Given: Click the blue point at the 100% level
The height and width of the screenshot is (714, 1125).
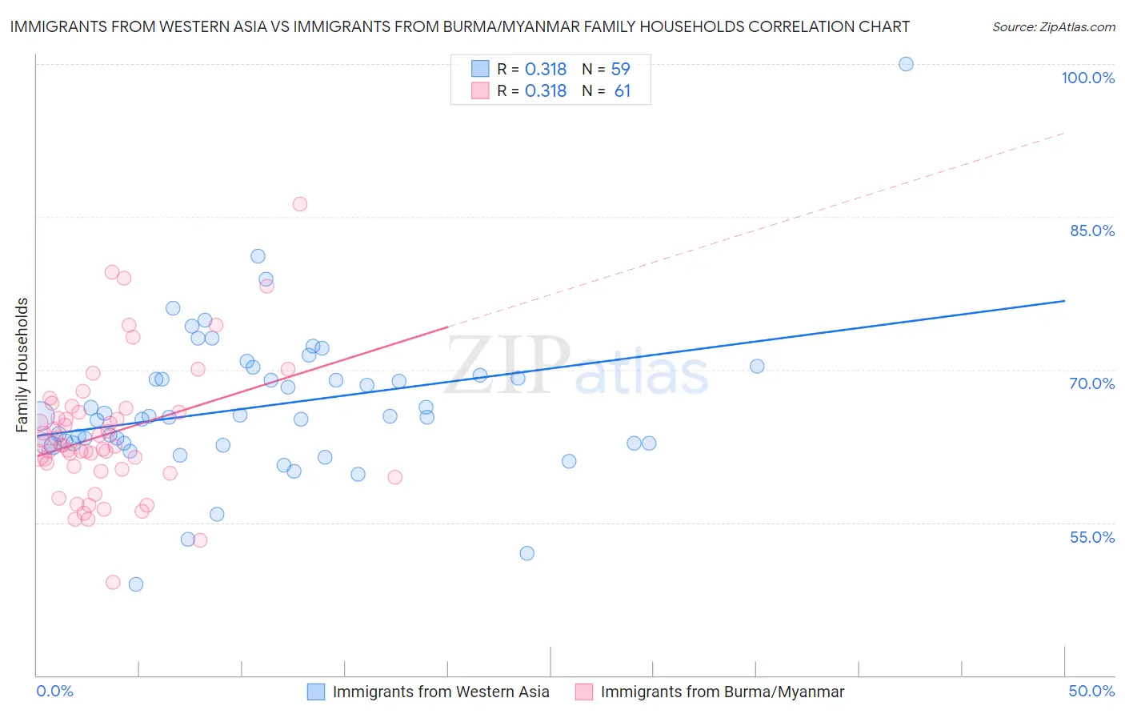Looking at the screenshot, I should coord(906,64).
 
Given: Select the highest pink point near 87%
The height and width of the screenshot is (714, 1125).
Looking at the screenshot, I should coord(300,204).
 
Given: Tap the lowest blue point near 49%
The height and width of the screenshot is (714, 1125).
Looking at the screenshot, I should coord(136,584).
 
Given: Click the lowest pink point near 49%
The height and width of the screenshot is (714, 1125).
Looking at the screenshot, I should coord(113,583).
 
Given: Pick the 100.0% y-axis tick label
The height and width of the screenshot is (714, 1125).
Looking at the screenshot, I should coord(1087,78).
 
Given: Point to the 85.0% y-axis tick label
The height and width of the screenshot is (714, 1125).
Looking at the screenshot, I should coord(1091,231).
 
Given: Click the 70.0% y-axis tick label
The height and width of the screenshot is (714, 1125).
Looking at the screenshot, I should coord(1091,383).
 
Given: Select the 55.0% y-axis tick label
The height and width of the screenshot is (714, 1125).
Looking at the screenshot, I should coord(1091,537).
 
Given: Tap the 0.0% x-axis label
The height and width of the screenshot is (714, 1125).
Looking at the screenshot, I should coord(54,691).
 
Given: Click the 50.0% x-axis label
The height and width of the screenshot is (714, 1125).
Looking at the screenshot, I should coord(1091,691).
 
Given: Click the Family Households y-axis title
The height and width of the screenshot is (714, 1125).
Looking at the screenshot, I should coord(22,365).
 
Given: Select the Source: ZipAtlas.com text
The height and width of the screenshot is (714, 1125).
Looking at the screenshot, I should coord(1053,27).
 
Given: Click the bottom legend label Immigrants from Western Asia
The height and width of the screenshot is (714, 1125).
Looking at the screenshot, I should coord(441,692).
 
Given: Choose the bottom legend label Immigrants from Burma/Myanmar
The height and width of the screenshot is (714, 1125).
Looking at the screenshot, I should coord(722,692).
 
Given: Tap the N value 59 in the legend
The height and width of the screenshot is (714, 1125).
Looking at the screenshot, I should coord(620,70).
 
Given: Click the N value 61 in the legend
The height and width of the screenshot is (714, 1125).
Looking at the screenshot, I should coord(622,91).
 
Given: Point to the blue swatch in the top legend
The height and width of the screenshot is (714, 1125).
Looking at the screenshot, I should coord(480,69).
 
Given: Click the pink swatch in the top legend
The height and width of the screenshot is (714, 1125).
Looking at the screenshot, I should coord(480,90).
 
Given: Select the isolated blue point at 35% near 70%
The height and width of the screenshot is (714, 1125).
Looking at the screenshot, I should coord(757,367).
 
